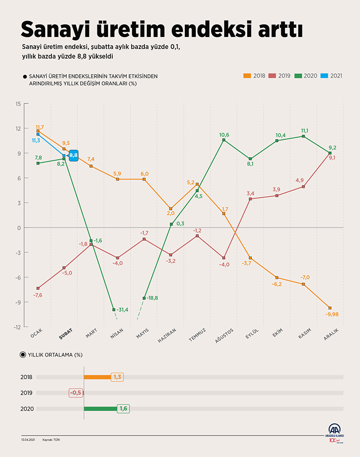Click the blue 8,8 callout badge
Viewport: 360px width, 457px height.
pos(73,155)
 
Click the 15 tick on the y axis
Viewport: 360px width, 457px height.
pos(18,104)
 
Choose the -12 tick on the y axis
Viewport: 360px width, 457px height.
pos(17,327)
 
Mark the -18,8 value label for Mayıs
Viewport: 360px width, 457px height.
pos(152,298)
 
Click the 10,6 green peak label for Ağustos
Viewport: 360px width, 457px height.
pos(224,135)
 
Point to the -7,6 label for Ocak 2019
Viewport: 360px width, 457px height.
pos(38,295)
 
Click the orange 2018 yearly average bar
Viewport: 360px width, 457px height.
pos(97,377)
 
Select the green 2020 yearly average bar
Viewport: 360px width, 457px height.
pos(100,409)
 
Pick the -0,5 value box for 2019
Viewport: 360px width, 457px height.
pos(76,393)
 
